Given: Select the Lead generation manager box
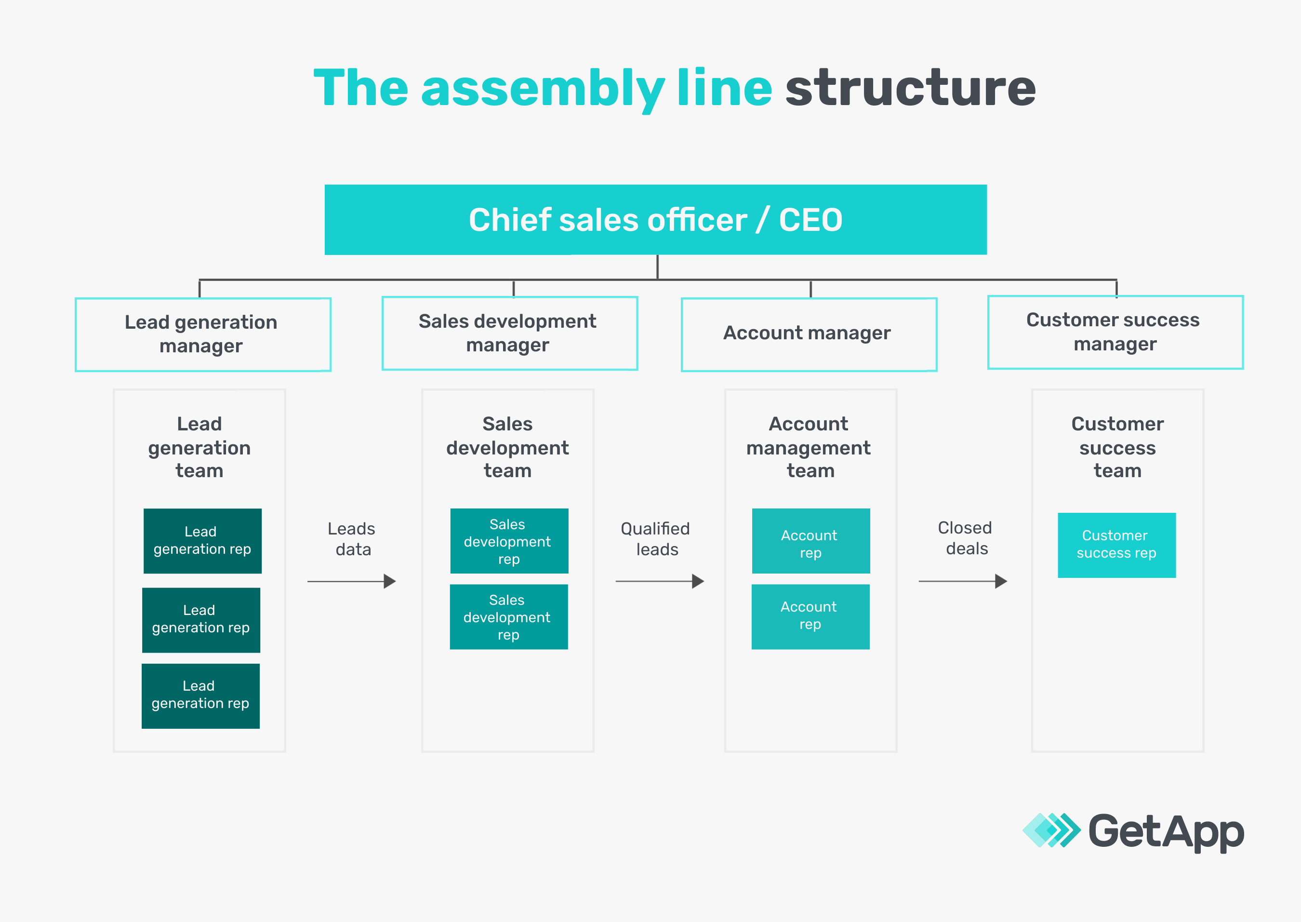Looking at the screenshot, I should (203, 334).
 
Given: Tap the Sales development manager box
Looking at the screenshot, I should (509, 333).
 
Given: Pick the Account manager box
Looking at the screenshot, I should (808, 334).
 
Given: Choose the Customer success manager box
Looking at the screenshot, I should (1115, 332).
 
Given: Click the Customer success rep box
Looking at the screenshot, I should (1116, 545).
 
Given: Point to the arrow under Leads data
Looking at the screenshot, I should (351, 581).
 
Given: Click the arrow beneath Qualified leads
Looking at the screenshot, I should (660, 581).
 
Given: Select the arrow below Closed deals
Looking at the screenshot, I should (963, 581).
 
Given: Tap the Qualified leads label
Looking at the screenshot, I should (656, 539).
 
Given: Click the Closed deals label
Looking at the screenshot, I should (965, 538).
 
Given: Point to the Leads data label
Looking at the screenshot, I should (352, 539).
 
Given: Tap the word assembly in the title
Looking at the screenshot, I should (542, 89).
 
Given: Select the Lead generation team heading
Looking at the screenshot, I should (199, 447).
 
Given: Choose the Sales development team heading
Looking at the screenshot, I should (507, 447).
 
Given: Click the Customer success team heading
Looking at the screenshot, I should (1117, 447).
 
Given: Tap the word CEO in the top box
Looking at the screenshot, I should (810, 220).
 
